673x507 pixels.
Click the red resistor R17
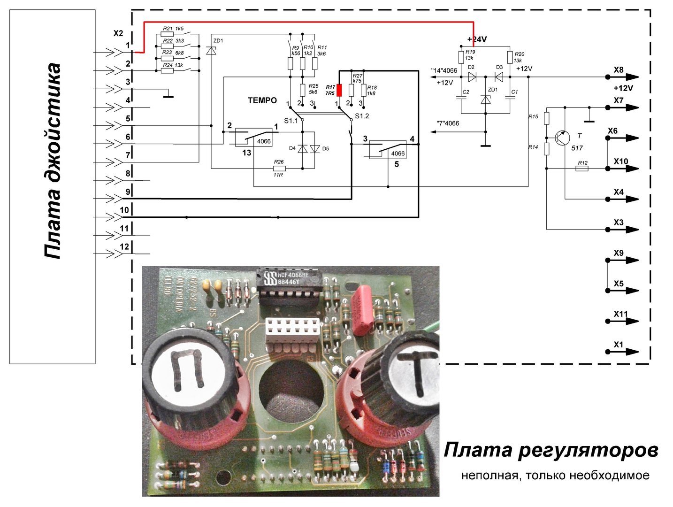(x=339, y=90)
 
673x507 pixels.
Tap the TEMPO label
(x=262, y=100)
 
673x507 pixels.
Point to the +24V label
(x=477, y=39)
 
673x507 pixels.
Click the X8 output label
(x=619, y=70)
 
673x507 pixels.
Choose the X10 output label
(x=620, y=161)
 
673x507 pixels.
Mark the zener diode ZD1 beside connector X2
(x=211, y=50)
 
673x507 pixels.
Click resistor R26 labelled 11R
(x=279, y=168)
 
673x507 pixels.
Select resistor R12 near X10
(x=582, y=168)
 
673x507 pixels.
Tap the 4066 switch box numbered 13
(x=254, y=140)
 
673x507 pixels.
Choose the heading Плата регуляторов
(x=551, y=450)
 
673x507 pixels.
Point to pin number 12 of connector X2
(x=124, y=247)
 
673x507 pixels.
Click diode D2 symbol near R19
(x=472, y=77)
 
